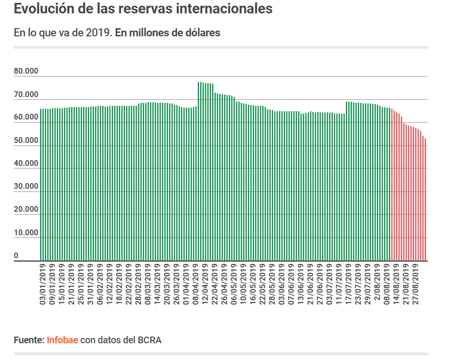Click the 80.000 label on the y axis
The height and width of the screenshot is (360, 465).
(26, 72)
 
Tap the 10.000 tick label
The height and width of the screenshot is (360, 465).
(26, 233)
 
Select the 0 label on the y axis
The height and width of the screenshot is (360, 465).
(16, 256)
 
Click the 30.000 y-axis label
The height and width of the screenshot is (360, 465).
(26, 187)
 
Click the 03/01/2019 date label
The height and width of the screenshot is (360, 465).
(43, 284)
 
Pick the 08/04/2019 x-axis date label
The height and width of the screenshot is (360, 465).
(195, 284)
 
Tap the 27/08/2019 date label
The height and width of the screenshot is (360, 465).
(415, 284)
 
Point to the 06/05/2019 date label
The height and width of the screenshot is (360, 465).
(234, 284)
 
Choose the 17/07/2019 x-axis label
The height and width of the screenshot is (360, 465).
(348, 284)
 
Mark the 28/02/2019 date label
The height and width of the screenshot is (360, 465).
(138, 284)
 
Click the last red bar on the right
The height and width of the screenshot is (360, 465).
(425, 201)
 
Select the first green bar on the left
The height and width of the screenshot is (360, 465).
(41, 186)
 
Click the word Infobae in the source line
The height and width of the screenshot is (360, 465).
(62, 340)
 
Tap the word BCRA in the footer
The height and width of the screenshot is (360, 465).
(150, 340)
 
